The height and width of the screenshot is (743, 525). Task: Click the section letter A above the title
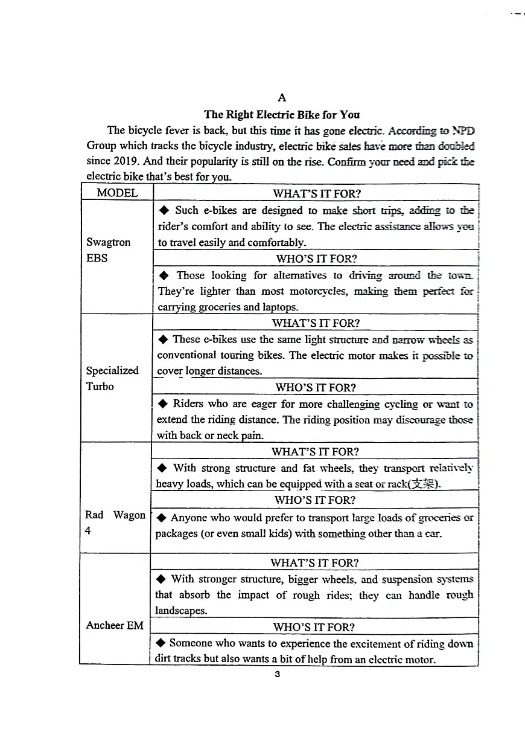pyautogui.click(x=281, y=98)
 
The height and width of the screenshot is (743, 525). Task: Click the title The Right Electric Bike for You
pyautogui.click(x=281, y=114)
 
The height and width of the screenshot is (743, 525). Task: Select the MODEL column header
pyautogui.click(x=117, y=193)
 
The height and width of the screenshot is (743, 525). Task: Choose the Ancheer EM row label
pyautogui.click(x=115, y=625)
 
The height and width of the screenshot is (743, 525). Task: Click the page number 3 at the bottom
pyautogui.click(x=277, y=675)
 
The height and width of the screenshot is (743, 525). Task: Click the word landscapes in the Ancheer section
pyautogui.click(x=181, y=611)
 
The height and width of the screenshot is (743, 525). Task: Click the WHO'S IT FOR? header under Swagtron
pyautogui.click(x=316, y=259)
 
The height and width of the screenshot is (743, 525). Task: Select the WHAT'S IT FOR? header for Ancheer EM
pyautogui.click(x=314, y=562)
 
